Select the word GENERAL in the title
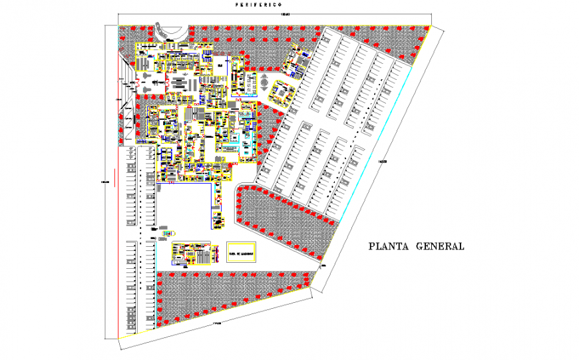pyautogui.click(x=440, y=246)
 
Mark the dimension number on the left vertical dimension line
pyautogui.click(x=104, y=183)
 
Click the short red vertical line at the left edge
pyautogui.click(x=114, y=177)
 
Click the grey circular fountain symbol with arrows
pyautogui.click(x=264, y=85)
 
